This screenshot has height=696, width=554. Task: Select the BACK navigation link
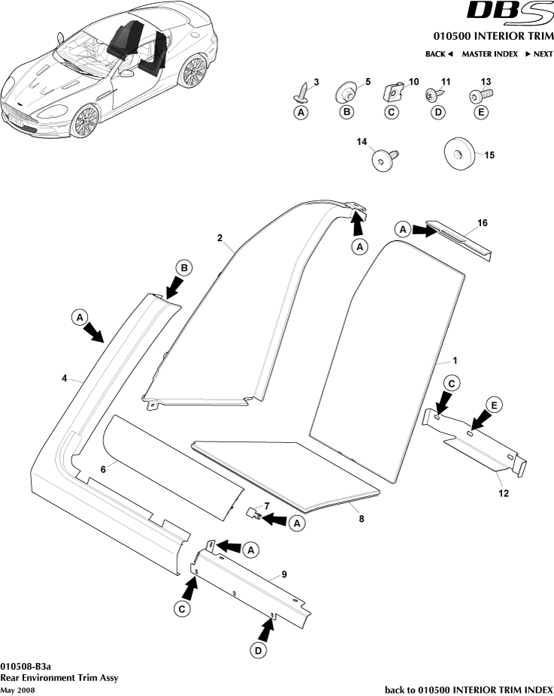[439, 54]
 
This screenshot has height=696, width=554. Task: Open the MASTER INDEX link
[489, 54]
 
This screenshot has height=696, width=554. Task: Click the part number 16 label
[483, 223]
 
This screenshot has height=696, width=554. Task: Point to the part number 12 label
[502, 493]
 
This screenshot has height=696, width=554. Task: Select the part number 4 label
[65, 379]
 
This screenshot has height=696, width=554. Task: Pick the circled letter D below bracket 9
[258, 650]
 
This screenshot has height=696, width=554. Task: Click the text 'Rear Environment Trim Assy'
[59, 678]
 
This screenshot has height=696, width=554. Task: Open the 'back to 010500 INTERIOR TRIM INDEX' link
[468, 689]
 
